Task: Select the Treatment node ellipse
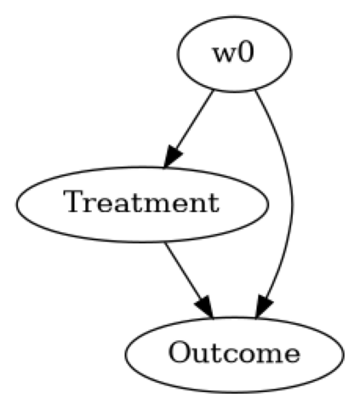142,204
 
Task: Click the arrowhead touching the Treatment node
174,157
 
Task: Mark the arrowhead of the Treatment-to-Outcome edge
204,305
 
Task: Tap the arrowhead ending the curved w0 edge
265,307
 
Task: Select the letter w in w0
226,56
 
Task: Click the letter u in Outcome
197,354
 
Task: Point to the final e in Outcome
290,354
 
